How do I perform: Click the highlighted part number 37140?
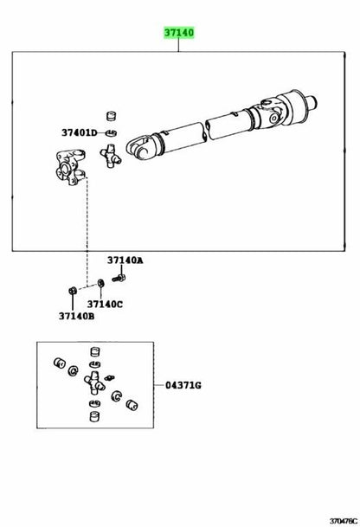pyautogui.click(x=179, y=33)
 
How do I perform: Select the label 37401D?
pyautogui.click(x=79, y=132)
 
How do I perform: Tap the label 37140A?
pyautogui.click(x=125, y=260)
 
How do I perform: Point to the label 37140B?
pyautogui.click(x=76, y=316)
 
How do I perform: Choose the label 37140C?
pyautogui.click(x=105, y=304)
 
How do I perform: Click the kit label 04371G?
pyautogui.click(x=183, y=385)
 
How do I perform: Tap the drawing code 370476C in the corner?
pyautogui.click(x=344, y=521)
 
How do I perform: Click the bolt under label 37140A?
pyautogui.click(x=119, y=279)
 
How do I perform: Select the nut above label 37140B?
pyautogui.click(x=72, y=290)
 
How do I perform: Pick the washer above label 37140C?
pyautogui.click(x=100, y=283)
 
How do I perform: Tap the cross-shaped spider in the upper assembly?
pyautogui.click(x=110, y=156)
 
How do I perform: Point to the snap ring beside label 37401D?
pyautogui.click(x=112, y=133)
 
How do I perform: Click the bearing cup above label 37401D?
pyautogui.click(x=112, y=116)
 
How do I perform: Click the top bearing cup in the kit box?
pyautogui.click(x=95, y=351)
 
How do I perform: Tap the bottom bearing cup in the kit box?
pyautogui.click(x=95, y=416)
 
